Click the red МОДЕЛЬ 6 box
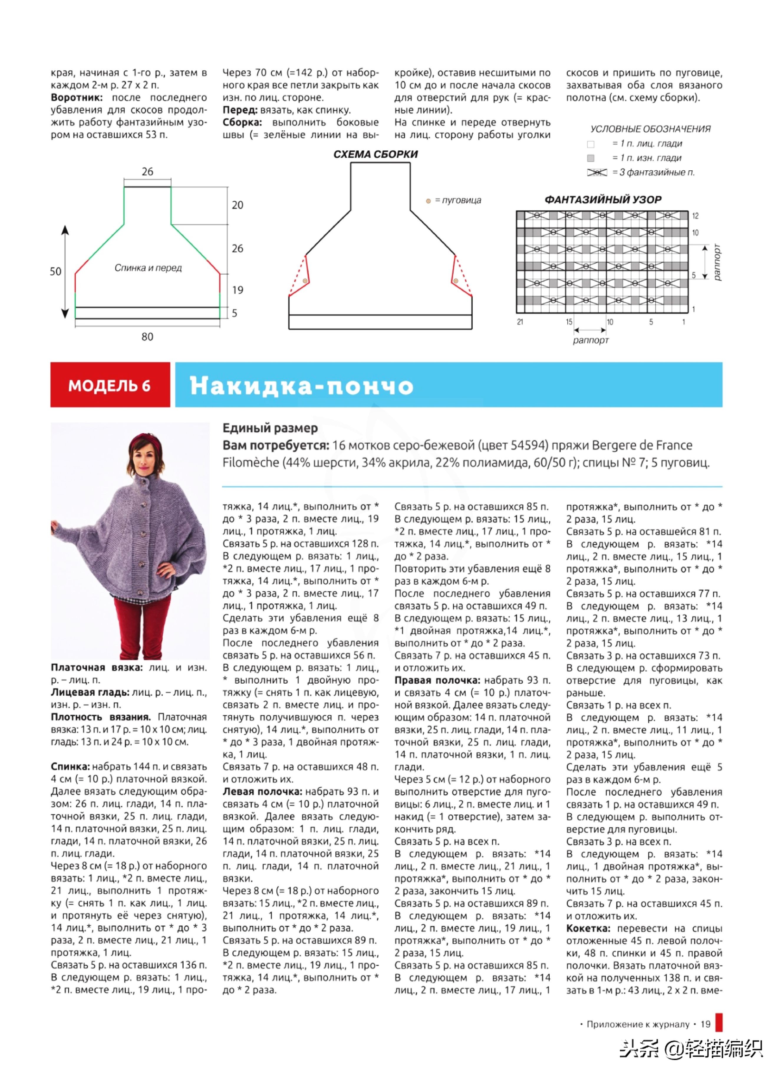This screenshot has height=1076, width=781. pos(110,385)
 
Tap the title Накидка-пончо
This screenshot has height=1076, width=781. pos(301,386)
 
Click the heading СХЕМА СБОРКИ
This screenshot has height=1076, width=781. pos(375,154)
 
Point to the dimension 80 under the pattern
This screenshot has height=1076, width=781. pos(147,337)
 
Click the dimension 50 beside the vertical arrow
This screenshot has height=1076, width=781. pos(55,272)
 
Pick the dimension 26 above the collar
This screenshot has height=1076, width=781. pos(147,172)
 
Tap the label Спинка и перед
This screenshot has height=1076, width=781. pos(148,268)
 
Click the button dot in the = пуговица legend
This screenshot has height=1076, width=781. pos(428,201)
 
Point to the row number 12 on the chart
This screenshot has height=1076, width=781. pos(695,216)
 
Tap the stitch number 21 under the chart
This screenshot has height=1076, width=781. pos(520,322)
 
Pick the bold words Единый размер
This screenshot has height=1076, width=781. pos(270,428)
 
